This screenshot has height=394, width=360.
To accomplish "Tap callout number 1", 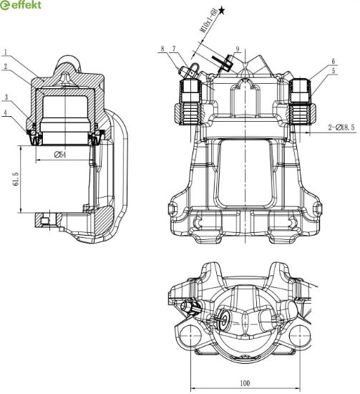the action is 6,52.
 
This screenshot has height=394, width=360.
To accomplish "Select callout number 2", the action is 6,67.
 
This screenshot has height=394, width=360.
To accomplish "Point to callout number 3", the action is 6,97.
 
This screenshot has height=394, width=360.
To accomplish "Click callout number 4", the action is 6,112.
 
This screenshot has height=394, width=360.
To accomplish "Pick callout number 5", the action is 334,71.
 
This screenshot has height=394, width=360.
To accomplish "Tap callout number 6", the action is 333,62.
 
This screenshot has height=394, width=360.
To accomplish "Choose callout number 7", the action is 174,49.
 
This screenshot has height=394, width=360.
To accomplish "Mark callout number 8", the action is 162,49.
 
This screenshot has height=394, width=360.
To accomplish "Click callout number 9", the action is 238,49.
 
